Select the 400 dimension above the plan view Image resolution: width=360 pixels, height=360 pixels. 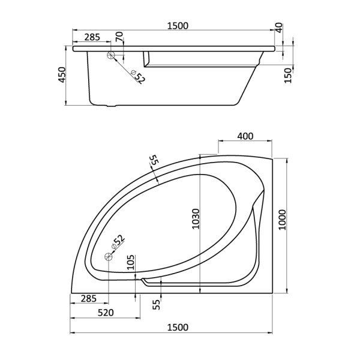(x=245, y=136)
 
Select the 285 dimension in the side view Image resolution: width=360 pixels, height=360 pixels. (x=92, y=37)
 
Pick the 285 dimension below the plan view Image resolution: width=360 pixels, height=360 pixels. (x=89, y=298)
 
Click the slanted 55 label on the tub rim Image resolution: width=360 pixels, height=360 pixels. (x=154, y=161)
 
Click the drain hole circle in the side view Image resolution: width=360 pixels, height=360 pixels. (x=110, y=55)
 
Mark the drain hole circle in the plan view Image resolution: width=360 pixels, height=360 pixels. (x=109, y=257)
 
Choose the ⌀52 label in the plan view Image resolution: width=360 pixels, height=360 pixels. (x=119, y=242)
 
